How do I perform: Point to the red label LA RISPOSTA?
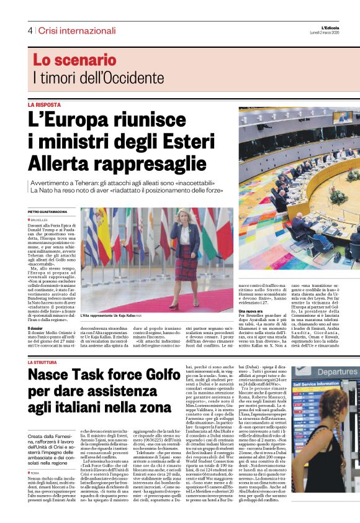tap(44, 105)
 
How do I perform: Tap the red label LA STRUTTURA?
tap(45, 362)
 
